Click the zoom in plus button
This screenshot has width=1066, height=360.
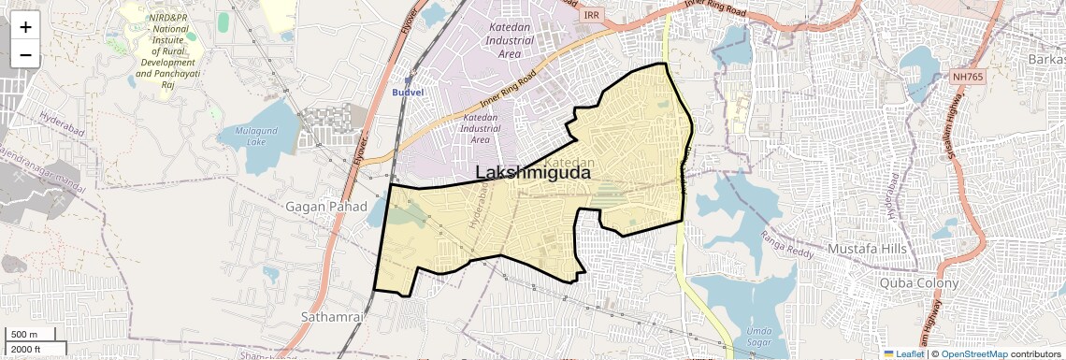(25, 27)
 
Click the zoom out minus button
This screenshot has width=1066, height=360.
(25, 55)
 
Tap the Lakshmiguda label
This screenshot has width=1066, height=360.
(532, 173)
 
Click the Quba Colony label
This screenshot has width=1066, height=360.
(919, 282)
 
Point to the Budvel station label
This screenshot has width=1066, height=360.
(408, 94)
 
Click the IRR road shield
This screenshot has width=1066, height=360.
(591, 15)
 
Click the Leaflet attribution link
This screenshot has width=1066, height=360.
(903, 353)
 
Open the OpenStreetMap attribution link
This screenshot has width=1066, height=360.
(974, 353)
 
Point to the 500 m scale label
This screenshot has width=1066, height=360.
(23, 335)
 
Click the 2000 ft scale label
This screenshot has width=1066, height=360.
(26, 350)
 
